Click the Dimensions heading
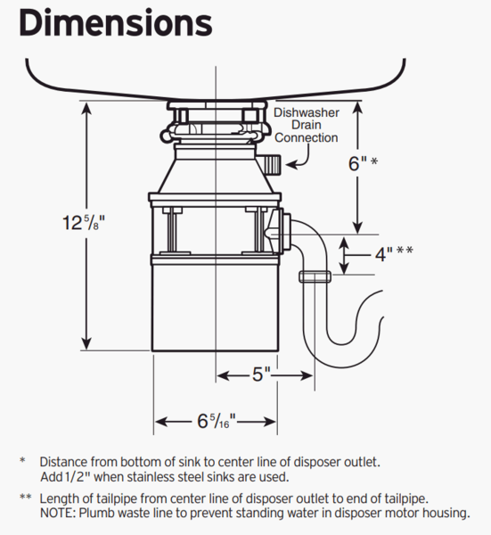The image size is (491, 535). click(116, 23)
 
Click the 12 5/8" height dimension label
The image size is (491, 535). click(84, 222)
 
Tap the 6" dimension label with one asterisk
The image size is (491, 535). click(363, 163)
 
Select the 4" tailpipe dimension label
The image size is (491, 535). click(394, 253)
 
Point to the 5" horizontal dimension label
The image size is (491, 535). click(261, 374)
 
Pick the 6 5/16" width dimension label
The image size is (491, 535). click(217, 421)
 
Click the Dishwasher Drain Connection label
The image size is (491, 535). click(307, 125)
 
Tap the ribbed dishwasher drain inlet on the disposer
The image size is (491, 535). click(272, 164)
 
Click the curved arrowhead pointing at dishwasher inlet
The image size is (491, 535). click(291, 165)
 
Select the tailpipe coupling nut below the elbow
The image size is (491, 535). click(315, 276)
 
